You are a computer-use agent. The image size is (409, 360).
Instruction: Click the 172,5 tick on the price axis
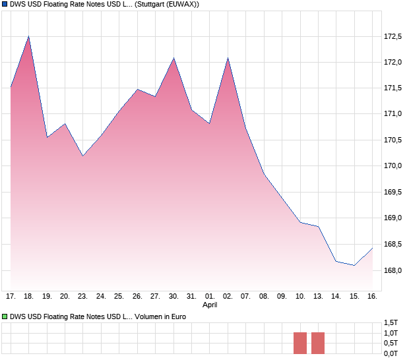[x=393, y=36]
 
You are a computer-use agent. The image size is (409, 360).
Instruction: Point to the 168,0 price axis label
[x=393, y=270]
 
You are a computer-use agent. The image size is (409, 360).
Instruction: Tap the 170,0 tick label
[x=393, y=165]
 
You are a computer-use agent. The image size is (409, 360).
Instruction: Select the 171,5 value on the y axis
[x=393, y=88]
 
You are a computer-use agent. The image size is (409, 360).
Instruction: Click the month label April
[x=210, y=305]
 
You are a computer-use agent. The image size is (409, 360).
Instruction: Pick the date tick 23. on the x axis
[x=82, y=297]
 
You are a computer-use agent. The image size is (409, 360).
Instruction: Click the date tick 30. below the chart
[x=173, y=297]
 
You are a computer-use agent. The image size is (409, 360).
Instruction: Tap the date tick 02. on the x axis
[x=228, y=297]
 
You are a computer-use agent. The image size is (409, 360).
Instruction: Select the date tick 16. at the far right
[x=372, y=297]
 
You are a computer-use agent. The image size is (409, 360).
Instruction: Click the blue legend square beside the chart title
[x=5, y=5]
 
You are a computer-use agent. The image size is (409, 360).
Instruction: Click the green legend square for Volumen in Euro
[x=5, y=317]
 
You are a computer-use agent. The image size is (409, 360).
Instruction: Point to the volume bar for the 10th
[x=300, y=343]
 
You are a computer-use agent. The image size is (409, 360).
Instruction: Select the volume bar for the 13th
[x=318, y=343]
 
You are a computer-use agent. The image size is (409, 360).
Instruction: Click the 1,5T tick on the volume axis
[x=391, y=322]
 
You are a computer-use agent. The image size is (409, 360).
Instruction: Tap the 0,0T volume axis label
[x=391, y=353]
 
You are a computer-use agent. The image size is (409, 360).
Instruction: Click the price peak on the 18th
[x=28, y=36]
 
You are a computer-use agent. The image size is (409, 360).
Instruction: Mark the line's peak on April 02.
[x=228, y=58]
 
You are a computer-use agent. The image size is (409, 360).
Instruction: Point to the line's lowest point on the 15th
[x=354, y=265]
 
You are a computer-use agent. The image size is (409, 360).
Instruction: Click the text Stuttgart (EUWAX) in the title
[x=166, y=5]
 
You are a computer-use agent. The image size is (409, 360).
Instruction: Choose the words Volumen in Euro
[x=160, y=317]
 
